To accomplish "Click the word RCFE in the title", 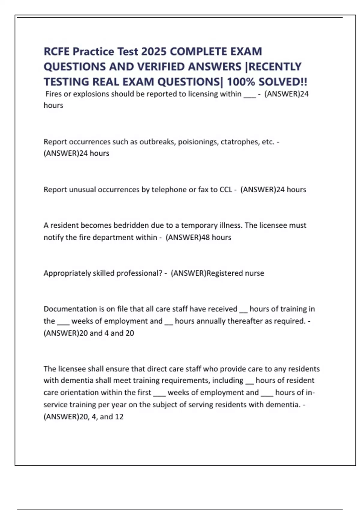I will (x=57, y=52).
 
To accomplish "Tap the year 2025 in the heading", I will (x=154, y=52).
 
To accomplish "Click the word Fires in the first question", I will (x=53, y=94).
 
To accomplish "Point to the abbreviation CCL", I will (x=226, y=190).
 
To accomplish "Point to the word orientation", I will (x=79, y=393).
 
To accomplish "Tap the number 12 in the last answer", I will (x=119, y=417).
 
